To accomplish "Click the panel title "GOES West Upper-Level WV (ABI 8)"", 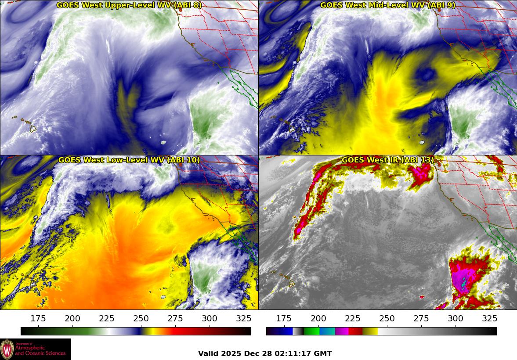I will [129, 5].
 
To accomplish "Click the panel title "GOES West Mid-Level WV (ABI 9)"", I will [387, 5].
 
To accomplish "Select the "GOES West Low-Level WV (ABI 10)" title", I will [129, 160].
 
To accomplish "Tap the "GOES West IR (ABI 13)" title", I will [387, 160].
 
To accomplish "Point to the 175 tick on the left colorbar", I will [38, 319].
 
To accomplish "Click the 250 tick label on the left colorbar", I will [141, 319].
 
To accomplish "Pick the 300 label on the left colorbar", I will [210, 319].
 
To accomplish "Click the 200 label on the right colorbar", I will [318, 319].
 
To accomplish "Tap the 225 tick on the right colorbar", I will [352, 319].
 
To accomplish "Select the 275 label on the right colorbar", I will [421, 319].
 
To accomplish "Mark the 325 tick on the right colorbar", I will [489, 319].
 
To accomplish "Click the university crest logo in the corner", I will [7, 349].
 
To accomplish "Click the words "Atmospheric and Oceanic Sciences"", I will [40, 350].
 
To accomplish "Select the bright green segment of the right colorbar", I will [311, 331].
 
